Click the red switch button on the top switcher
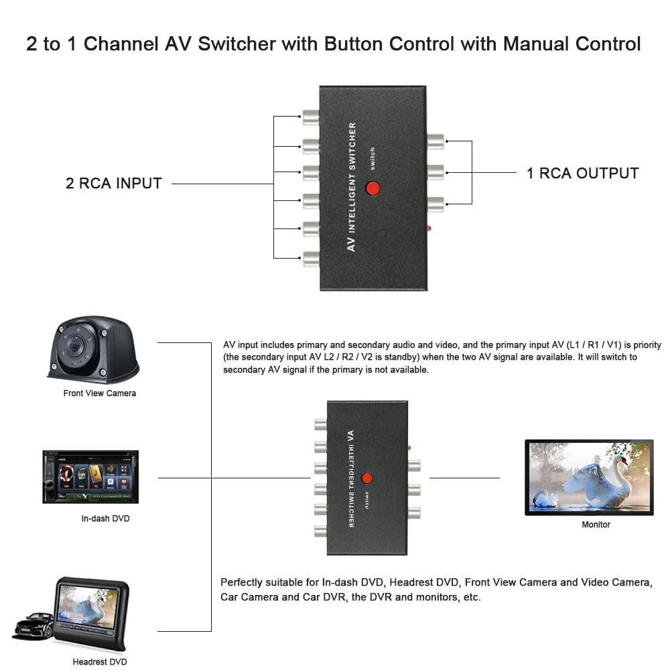[373, 188]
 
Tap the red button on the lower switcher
[366, 478]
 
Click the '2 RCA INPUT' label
[114, 184]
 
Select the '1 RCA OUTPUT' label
[582, 173]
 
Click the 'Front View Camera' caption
[99, 393]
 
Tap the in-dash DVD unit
[90, 476]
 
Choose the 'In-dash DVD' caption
[105, 519]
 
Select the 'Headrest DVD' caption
[99, 662]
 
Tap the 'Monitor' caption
[596, 525]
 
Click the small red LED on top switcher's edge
[429, 228]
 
